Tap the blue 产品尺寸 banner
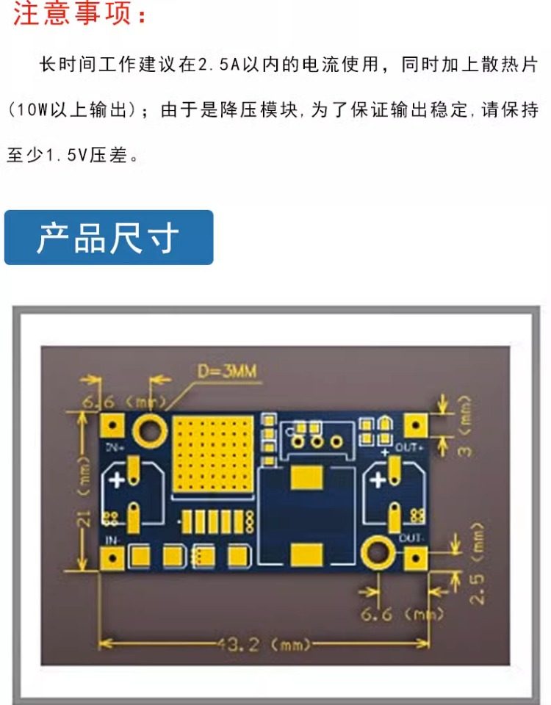click(109, 238)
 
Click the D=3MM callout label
click(226, 372)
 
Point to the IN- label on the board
click(113, 540)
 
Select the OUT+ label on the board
click(411, 447)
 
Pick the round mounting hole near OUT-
click(376, 552)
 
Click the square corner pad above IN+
click(112, 426)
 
